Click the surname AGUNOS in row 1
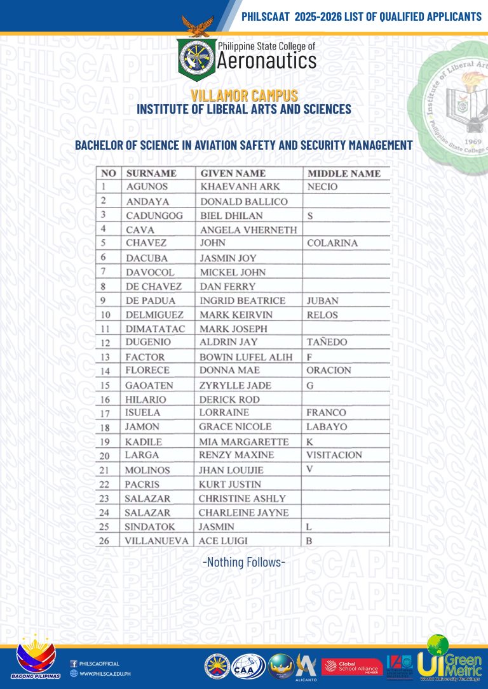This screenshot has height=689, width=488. click(147, 187)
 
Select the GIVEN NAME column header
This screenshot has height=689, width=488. click(233, 173)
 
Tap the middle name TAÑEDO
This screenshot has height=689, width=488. click(327, 343)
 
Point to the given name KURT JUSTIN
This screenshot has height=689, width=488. click(229, 484)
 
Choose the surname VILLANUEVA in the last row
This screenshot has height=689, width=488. click(156, 541)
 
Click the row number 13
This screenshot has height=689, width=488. click(106, 357)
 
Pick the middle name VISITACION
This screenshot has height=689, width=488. click(334, 455)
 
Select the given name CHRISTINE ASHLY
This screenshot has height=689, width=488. click(242, 499)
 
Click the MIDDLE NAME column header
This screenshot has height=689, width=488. click(344, 173)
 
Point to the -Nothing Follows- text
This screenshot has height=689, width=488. click(243, 562)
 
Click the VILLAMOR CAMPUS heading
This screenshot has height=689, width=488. click(244, 96)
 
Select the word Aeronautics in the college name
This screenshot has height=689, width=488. click(266, 62)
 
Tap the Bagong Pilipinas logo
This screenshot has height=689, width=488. click(38, 661)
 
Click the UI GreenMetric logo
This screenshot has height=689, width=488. click(450, 660)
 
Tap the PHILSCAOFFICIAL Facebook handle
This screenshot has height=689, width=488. click(99, 664)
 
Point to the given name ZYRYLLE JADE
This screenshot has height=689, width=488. click(235, 385)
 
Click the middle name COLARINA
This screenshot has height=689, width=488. click(332, 243)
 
